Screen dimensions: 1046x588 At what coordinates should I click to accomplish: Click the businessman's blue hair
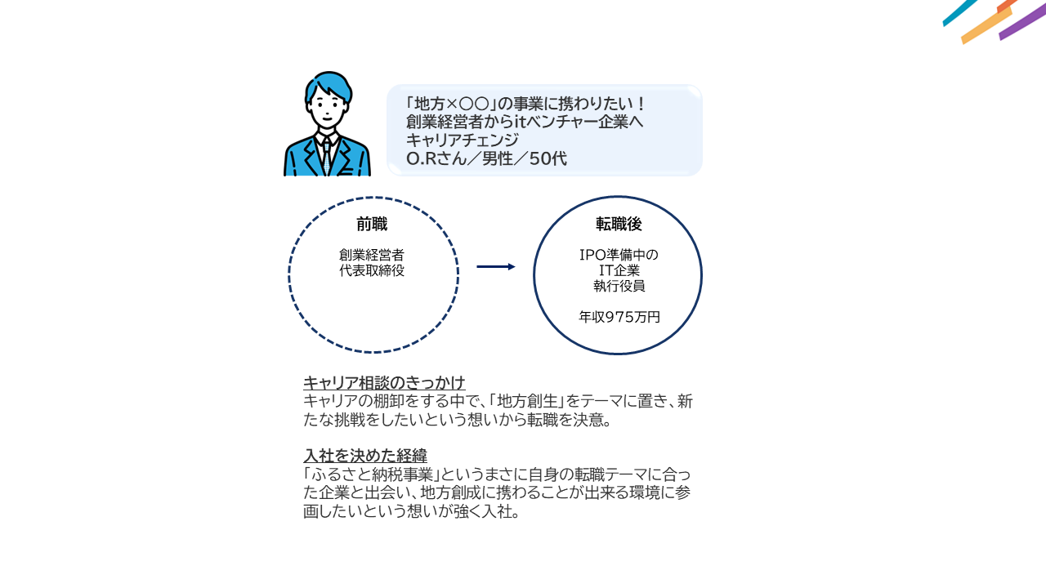coord(329,85)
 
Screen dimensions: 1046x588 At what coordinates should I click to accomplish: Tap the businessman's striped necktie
coord(327,157)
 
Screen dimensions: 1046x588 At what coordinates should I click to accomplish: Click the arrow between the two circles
coord(496,266)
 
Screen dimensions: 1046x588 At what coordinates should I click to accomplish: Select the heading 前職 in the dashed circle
coord(372,225)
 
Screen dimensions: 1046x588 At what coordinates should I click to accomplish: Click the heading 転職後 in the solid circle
coord(619,224)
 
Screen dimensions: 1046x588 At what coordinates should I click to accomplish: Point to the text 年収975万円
coord(619,318)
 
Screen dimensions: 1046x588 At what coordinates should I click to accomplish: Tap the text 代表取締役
coord(372,270)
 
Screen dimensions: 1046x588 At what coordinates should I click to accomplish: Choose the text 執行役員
coord(619,286)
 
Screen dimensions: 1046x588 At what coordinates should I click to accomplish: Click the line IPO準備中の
coord(619,255)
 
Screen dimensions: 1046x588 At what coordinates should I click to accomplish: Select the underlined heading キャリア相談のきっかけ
coord(384,383)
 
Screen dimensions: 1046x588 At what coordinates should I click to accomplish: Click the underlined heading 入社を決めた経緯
coord(365,456)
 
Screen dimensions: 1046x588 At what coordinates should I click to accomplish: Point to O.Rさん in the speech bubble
coord(436,158)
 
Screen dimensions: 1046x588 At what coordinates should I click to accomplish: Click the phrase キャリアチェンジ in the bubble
coord(463,140)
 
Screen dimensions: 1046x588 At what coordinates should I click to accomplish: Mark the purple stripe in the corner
coord(1022,22)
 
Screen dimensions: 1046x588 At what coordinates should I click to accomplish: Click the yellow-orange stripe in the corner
coord(986,25)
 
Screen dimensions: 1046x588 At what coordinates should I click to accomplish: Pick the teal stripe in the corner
coord(959,12)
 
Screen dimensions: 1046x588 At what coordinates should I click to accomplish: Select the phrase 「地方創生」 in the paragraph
coord(527,401)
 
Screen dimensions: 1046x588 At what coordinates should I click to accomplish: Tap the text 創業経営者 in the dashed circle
coord(372,256)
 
